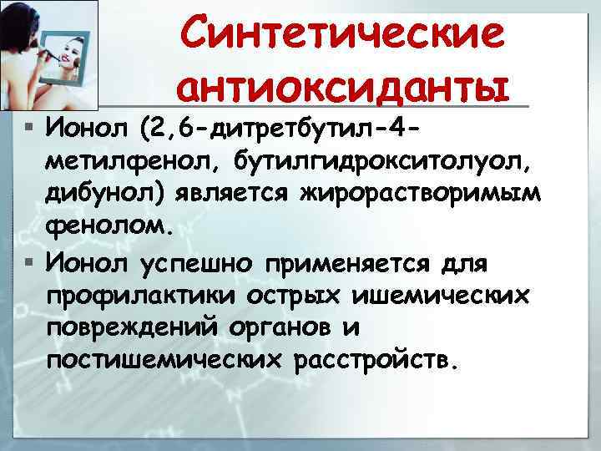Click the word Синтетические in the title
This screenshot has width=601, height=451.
pos(343,34)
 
